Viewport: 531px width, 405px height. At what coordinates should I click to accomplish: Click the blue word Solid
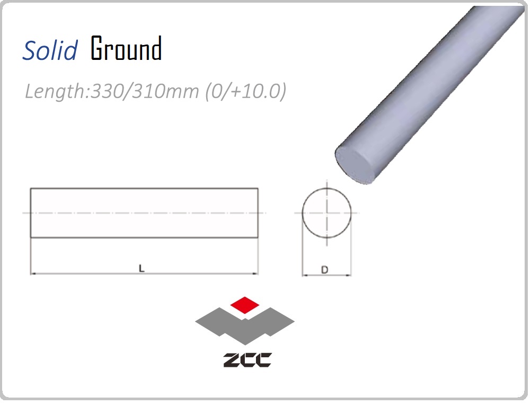click(50, 50)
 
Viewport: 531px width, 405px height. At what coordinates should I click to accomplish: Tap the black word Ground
click(126, 48)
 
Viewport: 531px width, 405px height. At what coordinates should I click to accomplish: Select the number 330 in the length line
click(108, 91)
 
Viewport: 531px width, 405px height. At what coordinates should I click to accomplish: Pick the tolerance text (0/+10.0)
click(246, 91)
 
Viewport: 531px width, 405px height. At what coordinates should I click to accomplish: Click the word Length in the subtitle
click(56, 91)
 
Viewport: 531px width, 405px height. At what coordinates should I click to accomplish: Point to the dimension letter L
click(141, 269)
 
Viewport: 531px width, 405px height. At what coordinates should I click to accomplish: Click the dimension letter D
click(324, 270)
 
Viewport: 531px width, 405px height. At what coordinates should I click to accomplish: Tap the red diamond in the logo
click(245, 304)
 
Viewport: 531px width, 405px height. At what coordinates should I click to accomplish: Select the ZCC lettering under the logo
click(247, 359)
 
